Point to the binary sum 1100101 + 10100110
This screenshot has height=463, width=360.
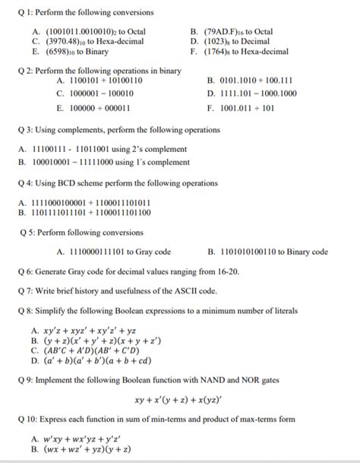click(99, 81)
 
